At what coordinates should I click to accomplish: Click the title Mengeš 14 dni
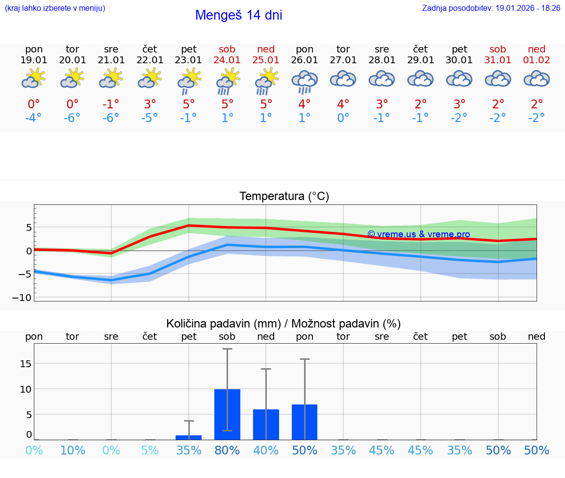[x=238, y=15]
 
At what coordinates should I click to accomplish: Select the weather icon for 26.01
[x=305, y=81]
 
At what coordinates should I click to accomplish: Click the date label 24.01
[x=227, y=60]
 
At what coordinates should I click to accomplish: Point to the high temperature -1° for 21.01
[x=111, y=104]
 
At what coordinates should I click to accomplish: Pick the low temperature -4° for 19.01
[x=34, y=118]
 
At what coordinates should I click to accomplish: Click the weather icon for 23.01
[x=189, y=81]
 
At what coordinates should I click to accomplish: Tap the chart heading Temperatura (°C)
[x=284, y=197]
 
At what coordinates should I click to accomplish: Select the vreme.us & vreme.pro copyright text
[x=418, y=234]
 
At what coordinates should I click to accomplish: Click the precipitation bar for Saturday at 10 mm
[x=227, y=414]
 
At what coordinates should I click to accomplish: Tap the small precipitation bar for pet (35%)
[x=189, y=437]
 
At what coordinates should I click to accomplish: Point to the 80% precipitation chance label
[x=227, y=451]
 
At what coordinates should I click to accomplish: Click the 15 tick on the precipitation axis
[x=26, y=363]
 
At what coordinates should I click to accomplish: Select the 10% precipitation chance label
[x=73, y=451]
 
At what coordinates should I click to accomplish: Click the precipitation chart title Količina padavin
[x=283, y=324]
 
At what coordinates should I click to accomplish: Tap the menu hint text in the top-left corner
[x=55, y=8]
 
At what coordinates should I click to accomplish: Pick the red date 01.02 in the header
[x=537, y=60]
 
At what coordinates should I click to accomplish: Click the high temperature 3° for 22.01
[x=150, y=104]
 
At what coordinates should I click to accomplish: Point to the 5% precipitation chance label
[x=150, y=451]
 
